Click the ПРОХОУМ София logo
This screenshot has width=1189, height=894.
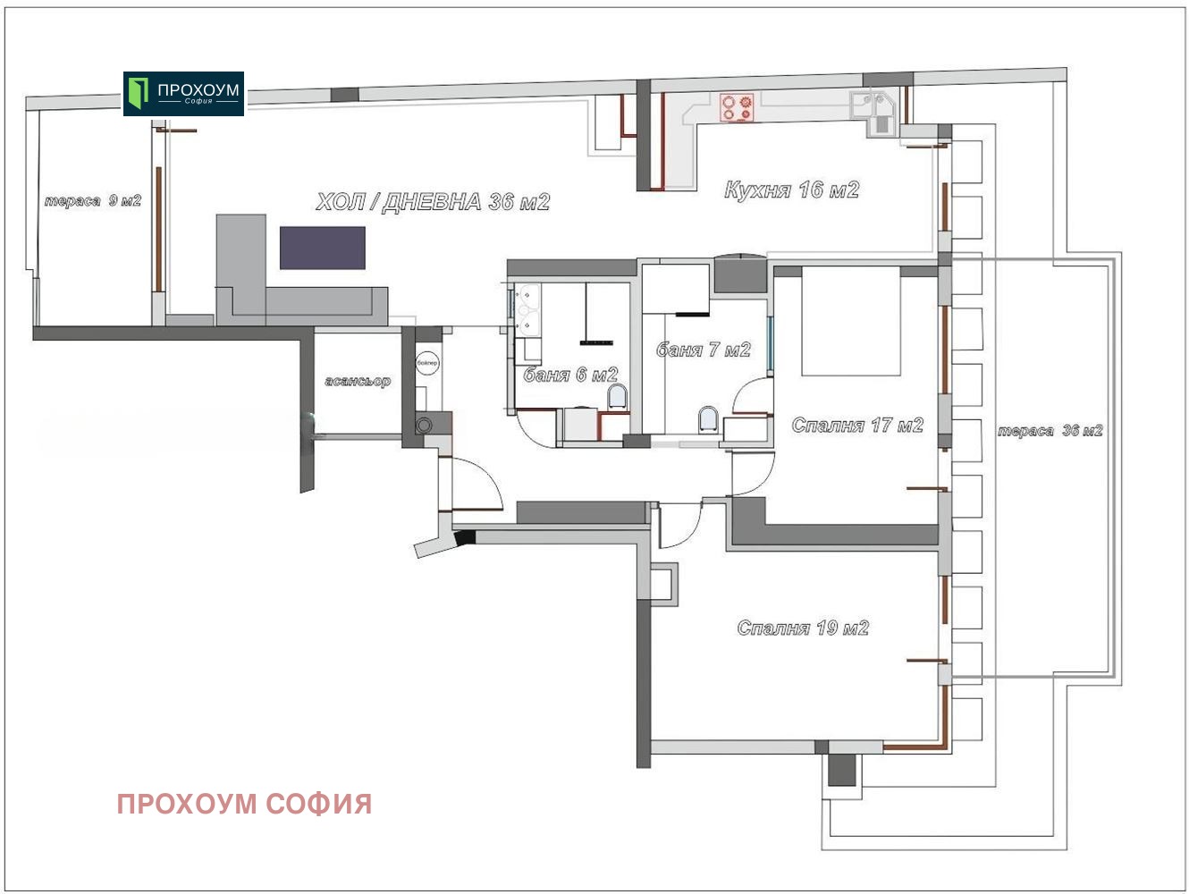click(183, 94)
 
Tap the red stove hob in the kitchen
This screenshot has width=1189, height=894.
click(737, 106)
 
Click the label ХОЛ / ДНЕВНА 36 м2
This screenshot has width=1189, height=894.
click(433, 202)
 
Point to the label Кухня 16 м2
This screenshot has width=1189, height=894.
click(791, 190)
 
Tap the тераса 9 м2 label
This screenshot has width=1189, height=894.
click(93, 201)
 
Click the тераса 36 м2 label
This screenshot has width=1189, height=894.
click(1050, 431)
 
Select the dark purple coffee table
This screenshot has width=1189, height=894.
click(323, 248)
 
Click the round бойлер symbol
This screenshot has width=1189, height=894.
click(427, 363)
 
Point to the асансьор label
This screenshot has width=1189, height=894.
click(358, 381)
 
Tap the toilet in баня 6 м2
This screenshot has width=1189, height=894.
click(617, 396)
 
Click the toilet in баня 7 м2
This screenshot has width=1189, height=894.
click(709, 419)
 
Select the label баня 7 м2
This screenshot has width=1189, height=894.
click(703, 350)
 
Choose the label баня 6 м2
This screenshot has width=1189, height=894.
click(570, 375)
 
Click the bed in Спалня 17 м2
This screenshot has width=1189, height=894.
click(851, 321)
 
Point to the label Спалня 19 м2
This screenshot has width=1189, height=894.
click(803, 628)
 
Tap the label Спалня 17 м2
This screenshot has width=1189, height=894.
click(857, 425)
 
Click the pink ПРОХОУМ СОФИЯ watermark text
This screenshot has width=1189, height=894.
click(244, 804)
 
